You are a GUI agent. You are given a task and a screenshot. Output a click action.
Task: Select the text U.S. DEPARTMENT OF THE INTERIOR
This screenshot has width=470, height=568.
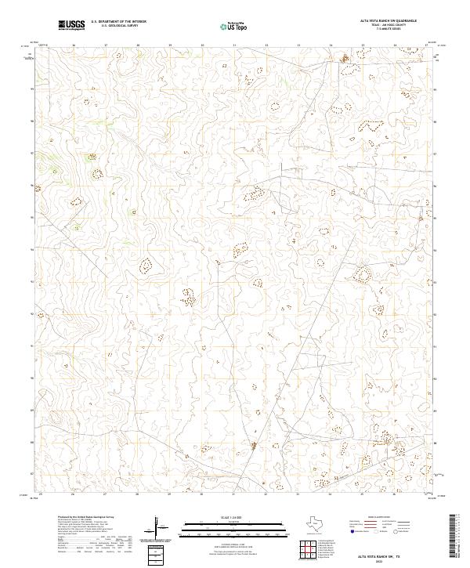118,22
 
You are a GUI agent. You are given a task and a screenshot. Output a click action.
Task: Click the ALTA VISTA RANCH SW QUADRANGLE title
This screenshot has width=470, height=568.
399,21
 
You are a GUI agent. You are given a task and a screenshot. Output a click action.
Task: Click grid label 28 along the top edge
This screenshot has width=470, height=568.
138,45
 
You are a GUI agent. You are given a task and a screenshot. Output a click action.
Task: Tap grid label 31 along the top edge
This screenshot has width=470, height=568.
234,45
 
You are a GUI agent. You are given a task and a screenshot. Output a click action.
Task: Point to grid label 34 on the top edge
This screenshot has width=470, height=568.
331,45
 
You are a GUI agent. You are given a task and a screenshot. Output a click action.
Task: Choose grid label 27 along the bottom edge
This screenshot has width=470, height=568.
105,494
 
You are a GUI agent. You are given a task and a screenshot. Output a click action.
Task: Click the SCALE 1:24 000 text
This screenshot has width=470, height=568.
234,515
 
